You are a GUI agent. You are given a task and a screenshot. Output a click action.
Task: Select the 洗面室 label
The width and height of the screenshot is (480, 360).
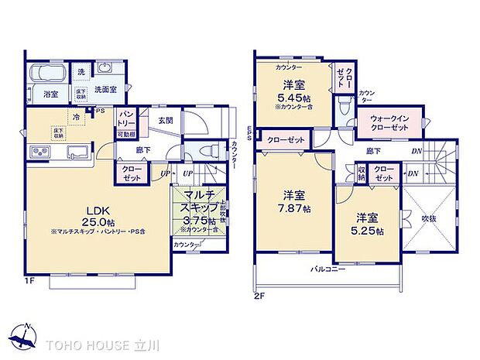pos(105,90)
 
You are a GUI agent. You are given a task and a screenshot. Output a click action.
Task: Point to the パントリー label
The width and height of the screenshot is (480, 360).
pos(127,119)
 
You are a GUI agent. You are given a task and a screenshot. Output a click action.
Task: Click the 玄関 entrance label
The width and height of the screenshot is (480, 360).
pos(166,120)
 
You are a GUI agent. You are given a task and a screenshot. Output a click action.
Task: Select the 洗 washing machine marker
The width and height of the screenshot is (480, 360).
pos(81,72)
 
